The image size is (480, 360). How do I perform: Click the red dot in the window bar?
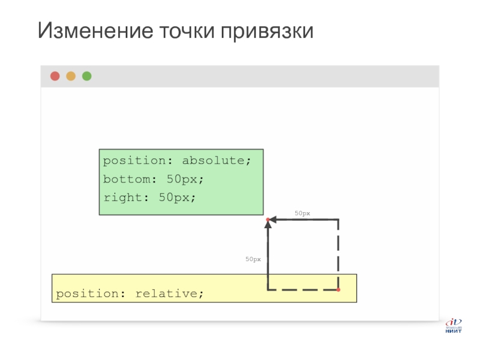click(x=55, y=76)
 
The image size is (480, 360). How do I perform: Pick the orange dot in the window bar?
click(x=71, y=76)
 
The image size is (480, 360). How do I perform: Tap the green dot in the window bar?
click(x=87, y=76)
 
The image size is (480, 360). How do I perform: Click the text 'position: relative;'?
click(x=130, y=294)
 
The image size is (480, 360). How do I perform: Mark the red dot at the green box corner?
click(x=268, y=220)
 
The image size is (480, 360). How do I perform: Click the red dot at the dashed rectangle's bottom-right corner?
click(x=338, y=290)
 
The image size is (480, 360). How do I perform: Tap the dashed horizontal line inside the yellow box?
click(x=303, y=290)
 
